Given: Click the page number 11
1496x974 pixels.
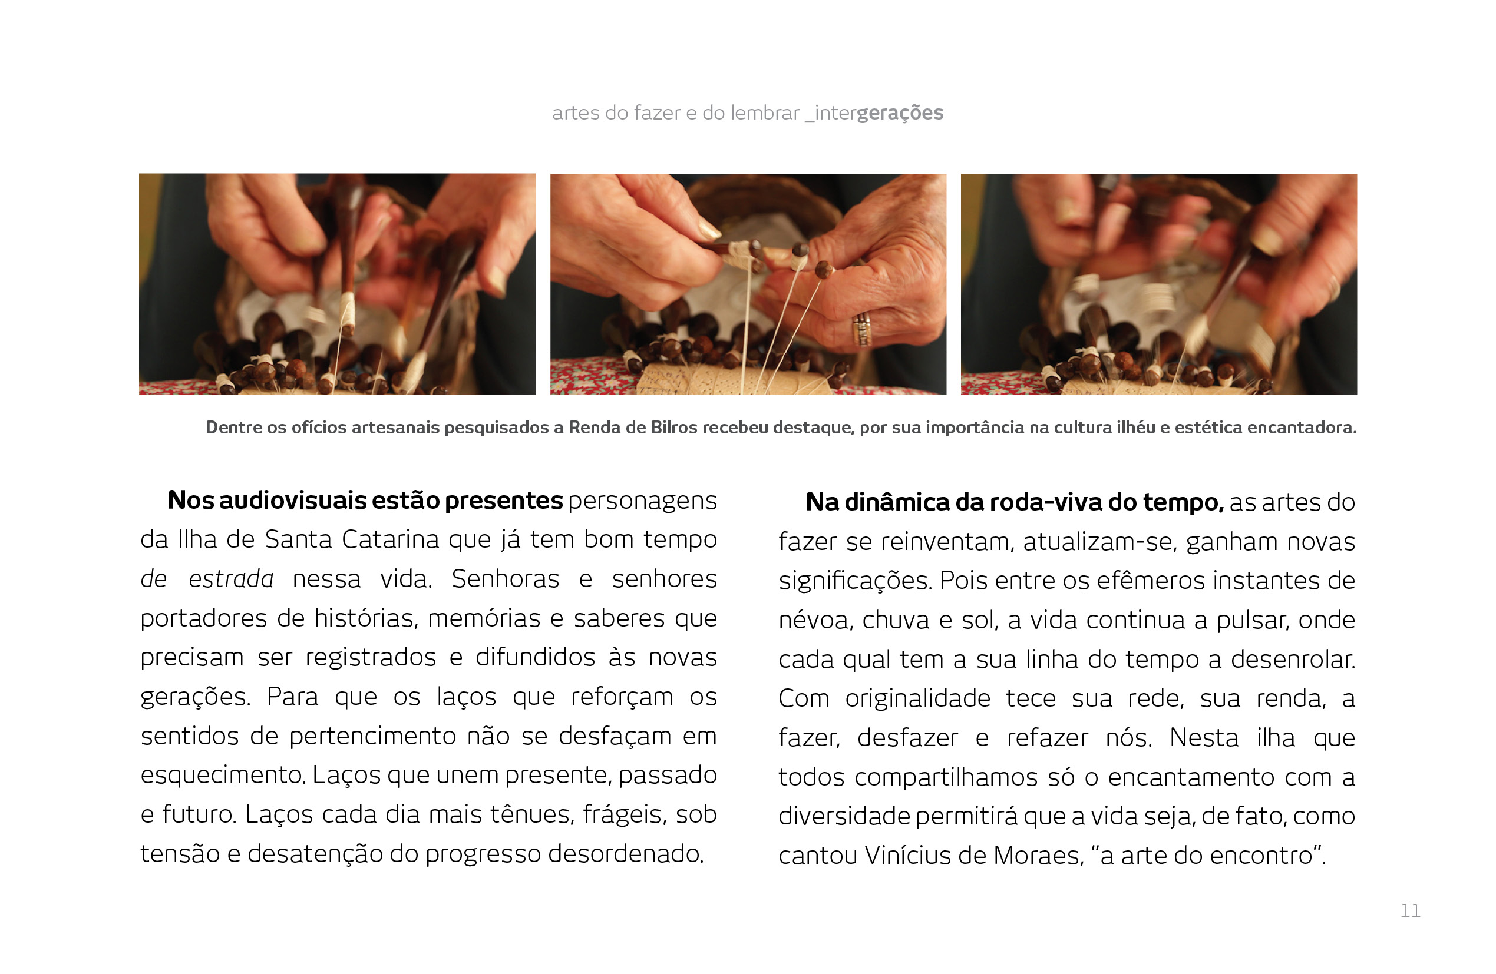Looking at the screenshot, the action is (x=1411, y=910).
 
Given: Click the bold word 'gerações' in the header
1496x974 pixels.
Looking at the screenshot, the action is (x=900, y=113).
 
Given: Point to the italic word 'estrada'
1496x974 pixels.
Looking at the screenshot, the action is (x=231, y=579).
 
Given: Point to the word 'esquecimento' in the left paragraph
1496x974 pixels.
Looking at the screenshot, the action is (x=223, y=775).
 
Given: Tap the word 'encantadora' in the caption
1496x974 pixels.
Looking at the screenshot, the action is (x=1302, y=428).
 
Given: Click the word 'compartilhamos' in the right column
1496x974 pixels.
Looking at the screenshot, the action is (x=946, y=777).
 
